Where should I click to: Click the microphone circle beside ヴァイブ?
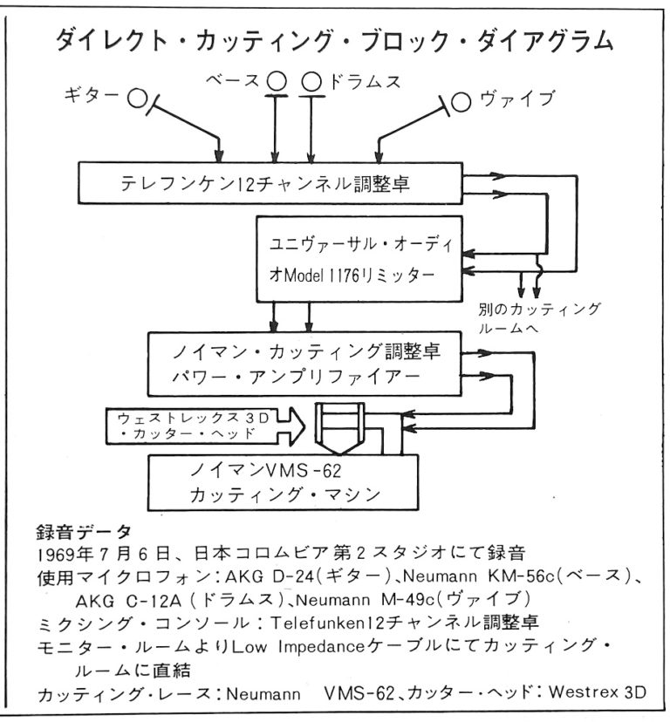(x=463, y=101)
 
